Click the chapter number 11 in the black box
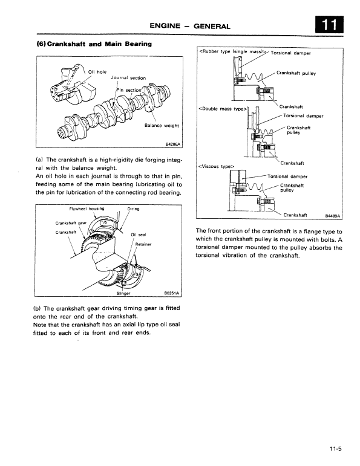coord(329,25)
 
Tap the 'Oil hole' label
coord(97,72)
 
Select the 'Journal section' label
coord(128,77)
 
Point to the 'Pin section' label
coord(129,90)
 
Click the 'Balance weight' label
coord(162,126)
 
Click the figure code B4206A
coord(173,144)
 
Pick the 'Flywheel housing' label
coord(87,209)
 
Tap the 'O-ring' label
coord(134,209)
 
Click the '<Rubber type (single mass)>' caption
coord(233,52)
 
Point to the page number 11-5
coord(336,448)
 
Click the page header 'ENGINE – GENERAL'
coord(191,26)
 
